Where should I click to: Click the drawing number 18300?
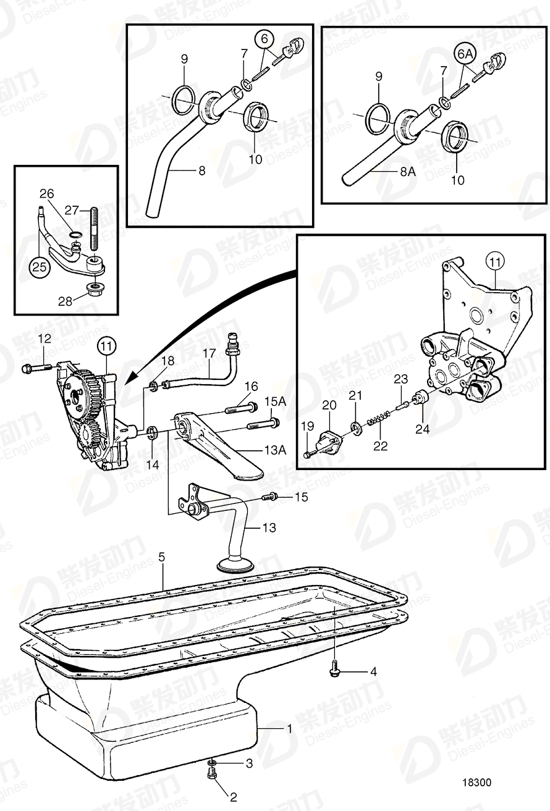point(476,782)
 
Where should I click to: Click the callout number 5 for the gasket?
point(161,557)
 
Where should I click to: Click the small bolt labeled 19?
point(309,454)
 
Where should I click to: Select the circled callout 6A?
point(465,54)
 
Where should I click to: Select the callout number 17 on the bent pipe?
point(209,353)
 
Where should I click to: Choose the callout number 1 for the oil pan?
point(289,729)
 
